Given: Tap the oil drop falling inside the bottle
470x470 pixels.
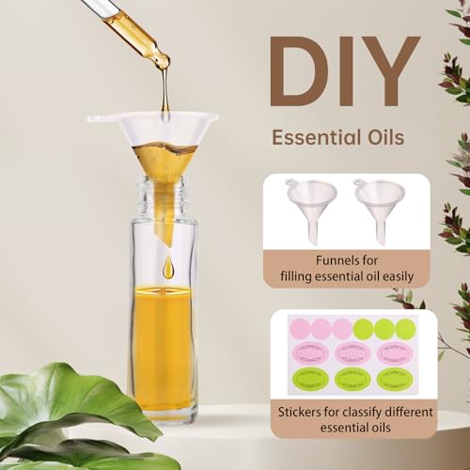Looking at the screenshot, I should pyautogui.click(x=168, y=269).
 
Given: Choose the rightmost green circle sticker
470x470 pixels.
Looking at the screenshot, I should pyautogui.click(x=405, y=329).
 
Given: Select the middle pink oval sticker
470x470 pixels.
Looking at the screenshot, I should pyautogui.click(x=350, y=354).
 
